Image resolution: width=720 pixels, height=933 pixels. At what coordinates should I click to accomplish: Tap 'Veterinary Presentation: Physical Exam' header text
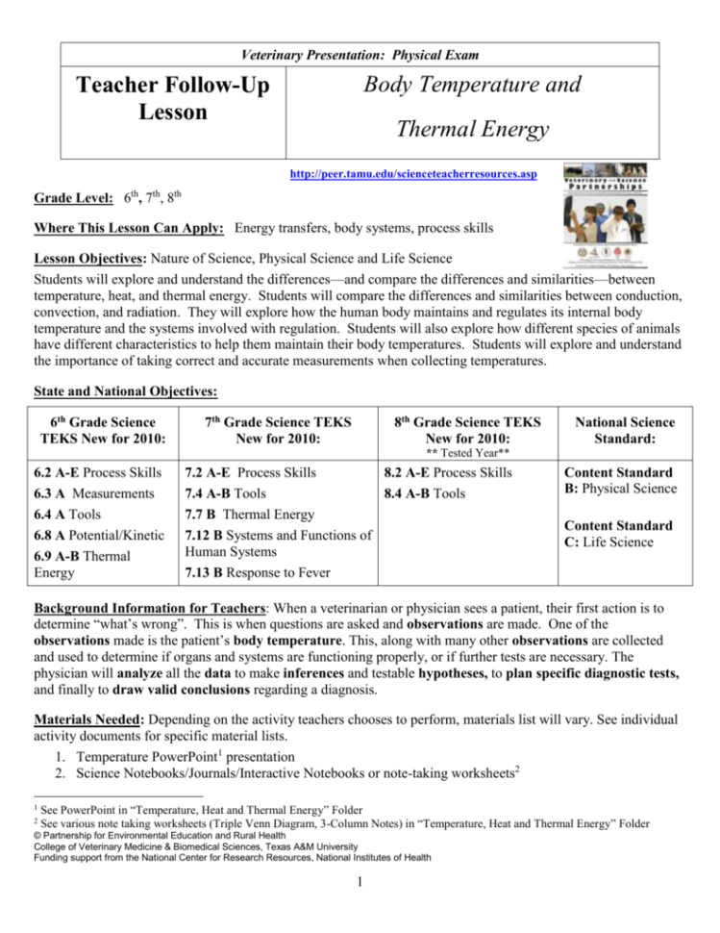pyautogui.click(x=360, y=54)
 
